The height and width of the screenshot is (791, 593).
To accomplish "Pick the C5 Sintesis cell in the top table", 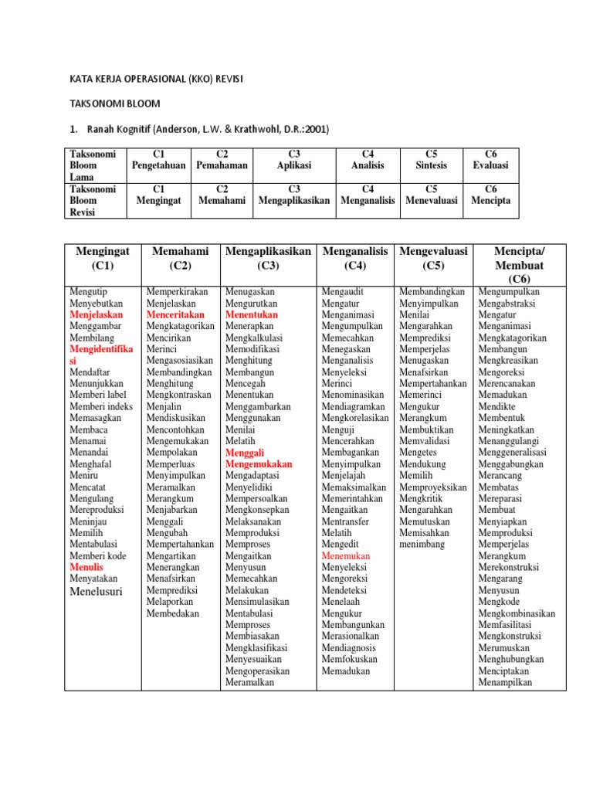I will point(431,160).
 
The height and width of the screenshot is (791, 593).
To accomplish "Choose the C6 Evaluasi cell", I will point(491,160).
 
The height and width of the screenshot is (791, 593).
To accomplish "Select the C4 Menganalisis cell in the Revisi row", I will point(368,194).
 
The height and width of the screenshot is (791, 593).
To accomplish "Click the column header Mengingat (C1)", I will point(101,258).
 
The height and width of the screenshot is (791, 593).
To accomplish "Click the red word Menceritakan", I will point(175,315).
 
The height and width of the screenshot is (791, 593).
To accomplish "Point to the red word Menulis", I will point(86,566).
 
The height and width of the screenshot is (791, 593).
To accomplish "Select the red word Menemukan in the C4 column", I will point(345,555).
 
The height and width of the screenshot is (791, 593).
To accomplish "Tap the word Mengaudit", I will point(343,292).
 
